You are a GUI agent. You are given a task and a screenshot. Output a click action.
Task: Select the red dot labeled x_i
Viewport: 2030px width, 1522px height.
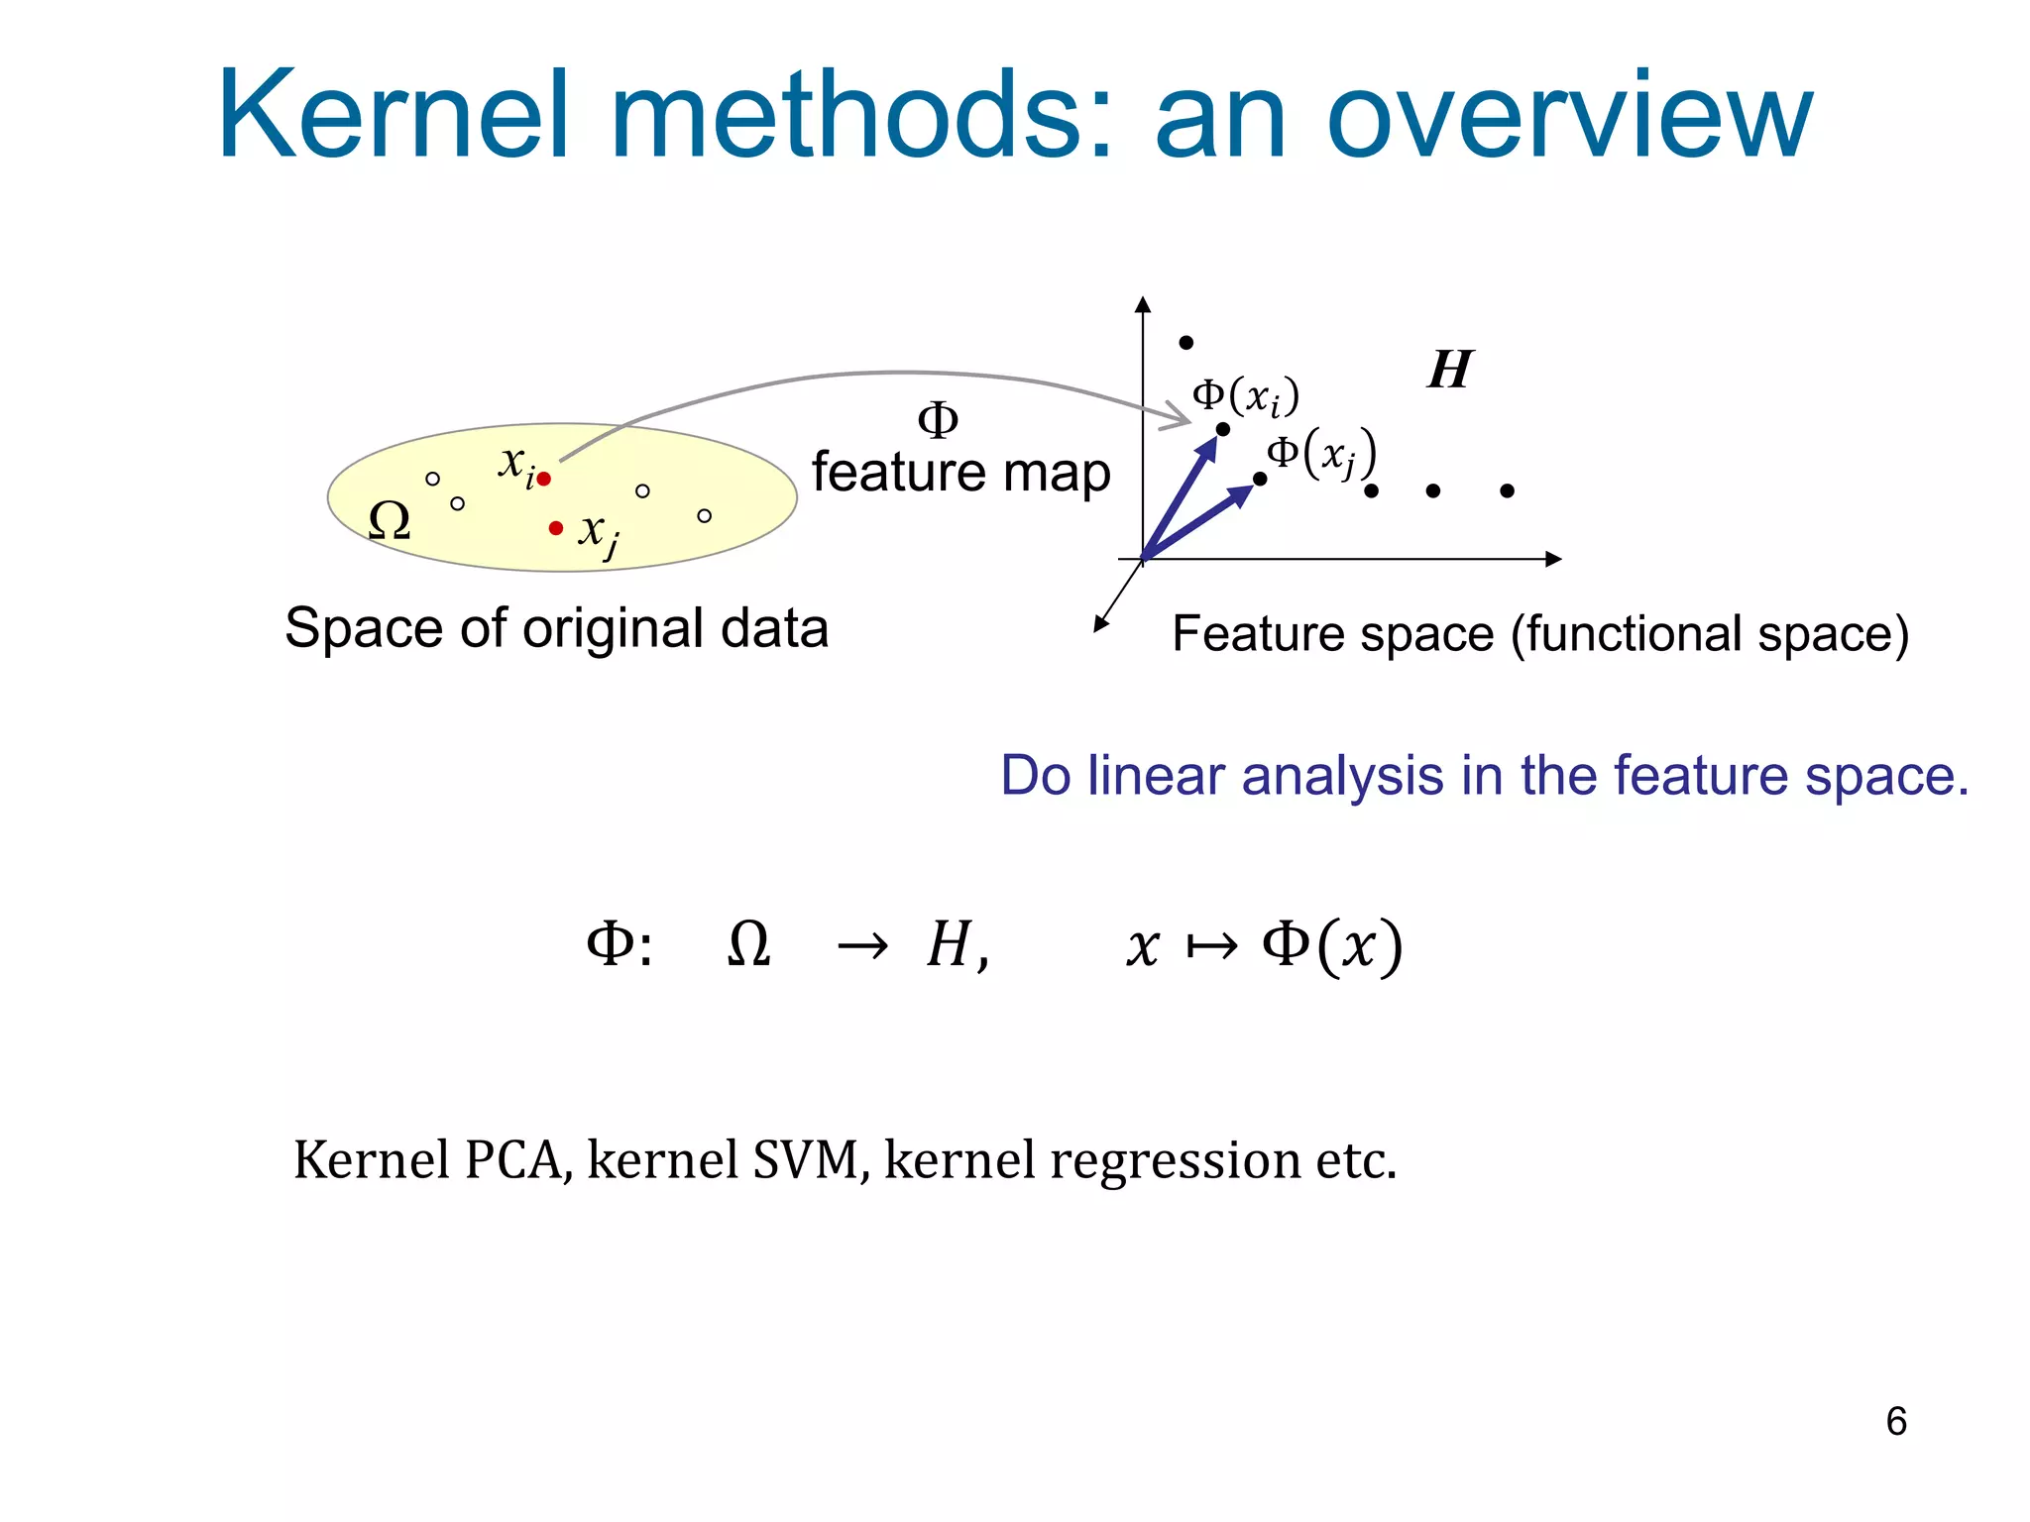pyautogui.click(x=543, y=480)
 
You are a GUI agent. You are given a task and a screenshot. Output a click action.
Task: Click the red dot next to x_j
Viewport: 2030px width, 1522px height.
pyautogui.click(x=555, y=528)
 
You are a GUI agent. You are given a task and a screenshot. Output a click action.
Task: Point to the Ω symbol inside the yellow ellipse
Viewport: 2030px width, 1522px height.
pyautogui.click(x=389, y=520)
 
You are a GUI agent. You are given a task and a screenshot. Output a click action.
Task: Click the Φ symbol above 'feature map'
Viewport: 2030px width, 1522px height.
pyautogui.click(x=938, y=420)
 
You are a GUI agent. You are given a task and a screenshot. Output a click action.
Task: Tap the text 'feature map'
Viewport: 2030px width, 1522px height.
pyautogui.click(x=959, y=473)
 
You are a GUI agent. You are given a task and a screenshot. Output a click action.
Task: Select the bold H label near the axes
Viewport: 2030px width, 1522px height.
pyautogui.click(x=1450, y=370)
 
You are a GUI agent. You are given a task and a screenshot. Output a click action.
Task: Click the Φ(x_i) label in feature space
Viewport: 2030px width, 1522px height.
pyautogui.click(x=1245, y=396)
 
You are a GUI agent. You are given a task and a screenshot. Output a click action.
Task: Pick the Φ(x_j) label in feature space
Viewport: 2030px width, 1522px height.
pyautogui.click(x=1322, y=454)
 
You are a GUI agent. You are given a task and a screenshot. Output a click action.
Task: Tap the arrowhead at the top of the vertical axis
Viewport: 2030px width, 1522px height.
pyautogui.click(x=1143, y=303)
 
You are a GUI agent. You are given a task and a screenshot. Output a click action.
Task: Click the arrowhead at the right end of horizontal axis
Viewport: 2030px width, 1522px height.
pyautogui.click(x=1554, y=560)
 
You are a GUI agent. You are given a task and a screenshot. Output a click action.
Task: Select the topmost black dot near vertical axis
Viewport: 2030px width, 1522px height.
pyautogui.click(x=1185, y=343)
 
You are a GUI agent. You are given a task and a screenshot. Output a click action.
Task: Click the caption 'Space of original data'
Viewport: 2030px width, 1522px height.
pyautogui.click(x=556, y=628)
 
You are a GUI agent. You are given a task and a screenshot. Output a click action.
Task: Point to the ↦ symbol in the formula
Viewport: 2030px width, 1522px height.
pyautogui.click(x=1211, y=946)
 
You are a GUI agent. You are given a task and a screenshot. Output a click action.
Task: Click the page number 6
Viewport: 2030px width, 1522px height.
pyautogui.click(x=1895, y=1421)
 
